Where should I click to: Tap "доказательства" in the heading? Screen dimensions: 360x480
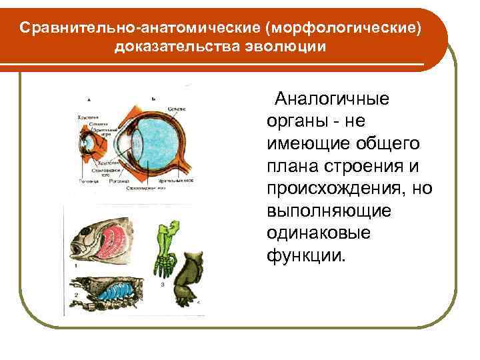coord(173,47)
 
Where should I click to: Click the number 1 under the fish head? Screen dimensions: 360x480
coord(76,265)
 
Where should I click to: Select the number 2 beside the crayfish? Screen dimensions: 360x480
coord(76,294)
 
